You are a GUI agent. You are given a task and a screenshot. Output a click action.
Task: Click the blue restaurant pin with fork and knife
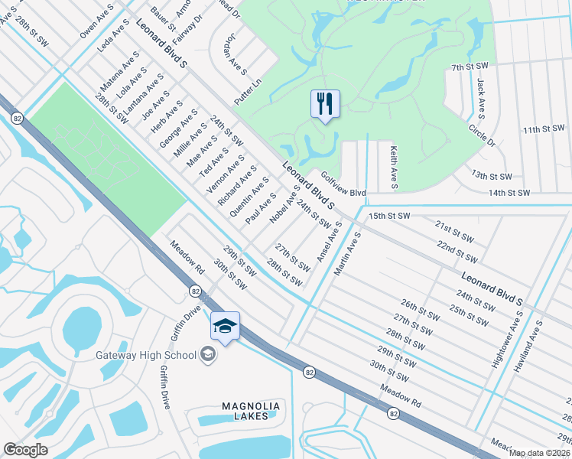[x=325, y=103]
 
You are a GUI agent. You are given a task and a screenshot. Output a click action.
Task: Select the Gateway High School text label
[x=145, y=355]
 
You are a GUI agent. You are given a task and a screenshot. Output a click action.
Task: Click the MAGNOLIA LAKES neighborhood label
[x=252, y=411]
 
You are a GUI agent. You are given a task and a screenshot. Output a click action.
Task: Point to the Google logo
[x=25, y=450]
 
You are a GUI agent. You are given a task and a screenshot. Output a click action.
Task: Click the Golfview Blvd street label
[x=343, y=184]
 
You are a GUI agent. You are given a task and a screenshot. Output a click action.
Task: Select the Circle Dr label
[x=483, y=135]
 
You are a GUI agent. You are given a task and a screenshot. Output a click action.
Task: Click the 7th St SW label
[x=470, y=68]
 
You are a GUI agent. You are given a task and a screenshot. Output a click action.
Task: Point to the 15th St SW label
[x=390, y=216]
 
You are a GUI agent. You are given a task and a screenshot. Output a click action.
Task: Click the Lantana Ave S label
[x=144, y=96]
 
